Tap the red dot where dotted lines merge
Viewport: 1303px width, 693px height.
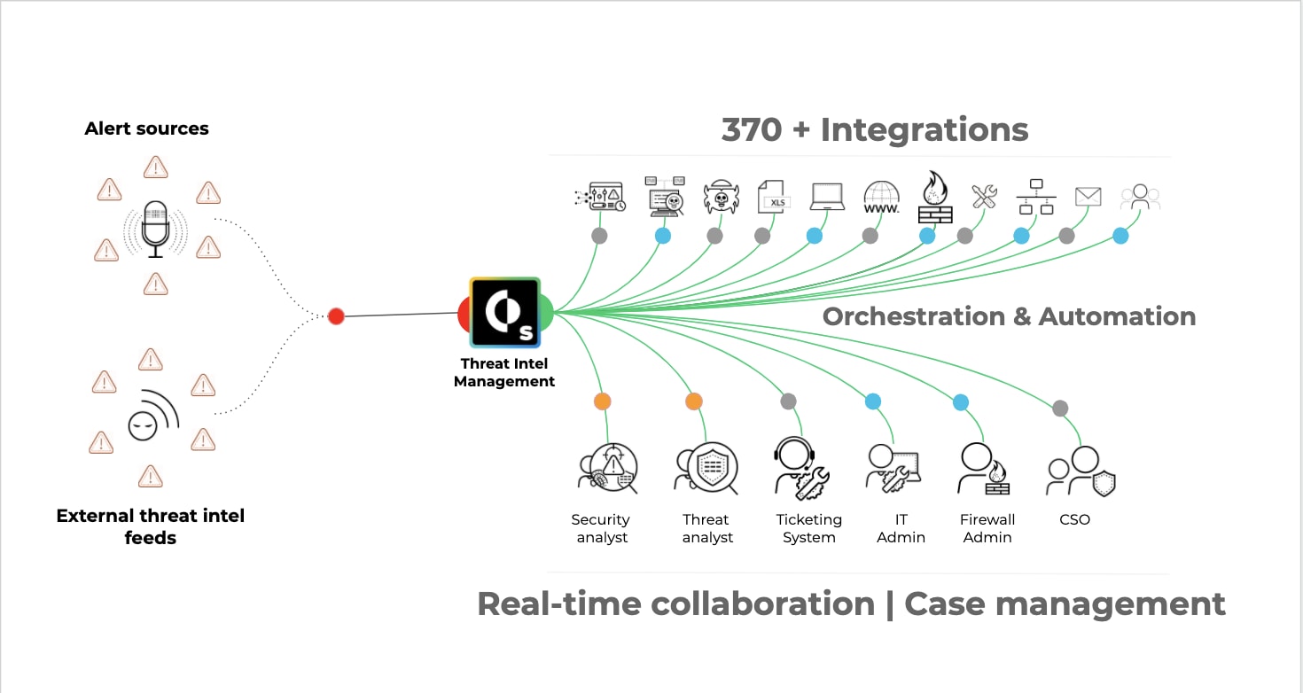336,316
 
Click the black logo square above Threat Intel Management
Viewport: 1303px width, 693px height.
504,312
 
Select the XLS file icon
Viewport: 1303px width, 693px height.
773,197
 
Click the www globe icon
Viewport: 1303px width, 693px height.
881,197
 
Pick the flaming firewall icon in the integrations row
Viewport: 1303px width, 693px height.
934,197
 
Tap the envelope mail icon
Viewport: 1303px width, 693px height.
1088,197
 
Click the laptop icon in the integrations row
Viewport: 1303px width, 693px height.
827,197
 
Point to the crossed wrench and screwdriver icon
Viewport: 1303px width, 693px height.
984,196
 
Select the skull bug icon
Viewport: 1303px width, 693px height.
721,198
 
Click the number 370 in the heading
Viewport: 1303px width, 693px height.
753,129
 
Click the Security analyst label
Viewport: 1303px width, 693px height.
601,528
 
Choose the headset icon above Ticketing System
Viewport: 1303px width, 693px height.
801,466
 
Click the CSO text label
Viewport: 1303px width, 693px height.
1074,519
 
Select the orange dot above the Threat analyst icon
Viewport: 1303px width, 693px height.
694,401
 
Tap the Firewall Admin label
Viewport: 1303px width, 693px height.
987,528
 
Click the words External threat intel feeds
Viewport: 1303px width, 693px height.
151,526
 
